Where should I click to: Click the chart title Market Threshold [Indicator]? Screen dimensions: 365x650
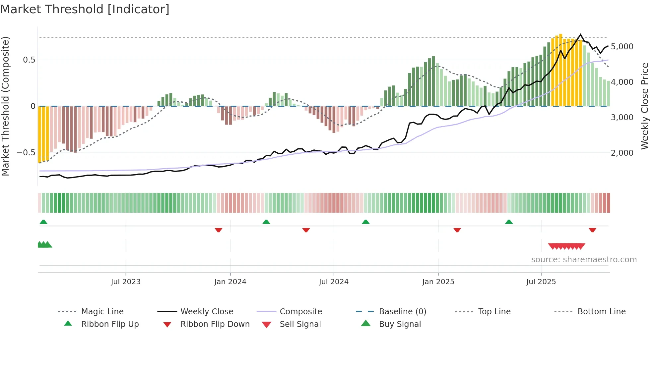[85, 9]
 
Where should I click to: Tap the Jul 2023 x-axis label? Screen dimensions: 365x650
[126, 282]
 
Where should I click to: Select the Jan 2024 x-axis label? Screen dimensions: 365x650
[230, 282]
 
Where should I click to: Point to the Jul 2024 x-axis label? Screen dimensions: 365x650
[334, 282]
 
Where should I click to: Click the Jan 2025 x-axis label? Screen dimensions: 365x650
[438, 282]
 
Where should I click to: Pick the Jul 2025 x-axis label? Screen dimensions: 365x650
[541, 282]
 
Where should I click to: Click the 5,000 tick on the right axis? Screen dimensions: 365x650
[622, 47]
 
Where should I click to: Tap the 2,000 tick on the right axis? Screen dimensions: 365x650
[622, 153]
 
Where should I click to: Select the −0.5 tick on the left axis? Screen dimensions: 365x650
[26, 153]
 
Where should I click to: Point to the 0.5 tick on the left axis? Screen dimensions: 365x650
[29, 60]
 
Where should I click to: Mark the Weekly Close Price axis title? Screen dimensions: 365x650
[644, 106]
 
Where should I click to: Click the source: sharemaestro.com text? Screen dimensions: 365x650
[584, 260]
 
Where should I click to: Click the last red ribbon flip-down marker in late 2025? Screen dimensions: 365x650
[592, 230]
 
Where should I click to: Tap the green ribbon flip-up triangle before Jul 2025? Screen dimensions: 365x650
[509, 222]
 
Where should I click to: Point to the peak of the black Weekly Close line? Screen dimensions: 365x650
[580, 34]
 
